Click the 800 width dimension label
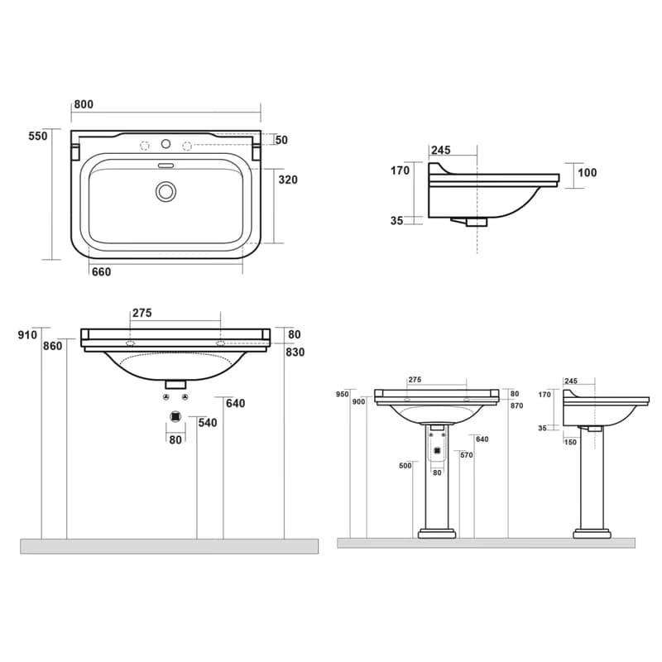tap(84, 104)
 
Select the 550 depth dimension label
tap(38, 136)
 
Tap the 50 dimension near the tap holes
tap(281, 140)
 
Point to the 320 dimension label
tap(288, 180)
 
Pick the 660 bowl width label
tap(101, 272)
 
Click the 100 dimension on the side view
tap(588, 173)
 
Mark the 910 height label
tap(27, 335)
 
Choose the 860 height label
tap(52, 346)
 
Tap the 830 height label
tap(295, 353)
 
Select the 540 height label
tap(208, 423)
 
